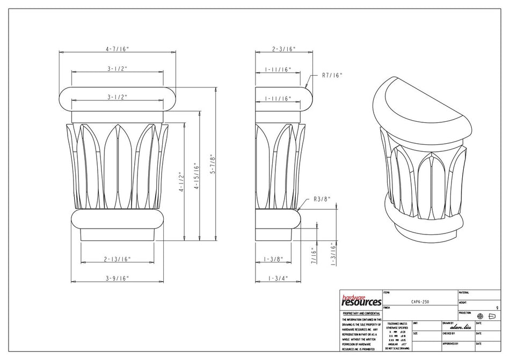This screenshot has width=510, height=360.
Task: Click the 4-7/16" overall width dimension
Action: coord(117,49)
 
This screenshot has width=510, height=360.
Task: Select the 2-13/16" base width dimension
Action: coord(117,259)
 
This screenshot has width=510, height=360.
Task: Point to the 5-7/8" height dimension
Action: coord(213,162)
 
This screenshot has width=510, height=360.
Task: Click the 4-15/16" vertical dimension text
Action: coord(197,177)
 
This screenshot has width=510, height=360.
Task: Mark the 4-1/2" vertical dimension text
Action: coord(181,182)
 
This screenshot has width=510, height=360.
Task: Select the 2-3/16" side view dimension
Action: coord(284,49)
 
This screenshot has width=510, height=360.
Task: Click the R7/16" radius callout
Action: coord(332,76)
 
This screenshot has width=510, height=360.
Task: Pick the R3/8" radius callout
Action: coord(322,199)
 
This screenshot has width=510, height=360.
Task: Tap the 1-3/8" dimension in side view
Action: coord(274,259)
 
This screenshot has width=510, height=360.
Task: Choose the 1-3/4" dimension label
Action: coord(278,278)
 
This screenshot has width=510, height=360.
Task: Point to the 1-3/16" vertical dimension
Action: coord(333,254)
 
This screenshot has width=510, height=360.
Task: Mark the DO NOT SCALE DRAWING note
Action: coord(397,348)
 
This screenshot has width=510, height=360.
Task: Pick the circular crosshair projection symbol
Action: coord(480,316)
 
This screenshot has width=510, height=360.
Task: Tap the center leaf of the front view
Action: coord(117,166)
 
